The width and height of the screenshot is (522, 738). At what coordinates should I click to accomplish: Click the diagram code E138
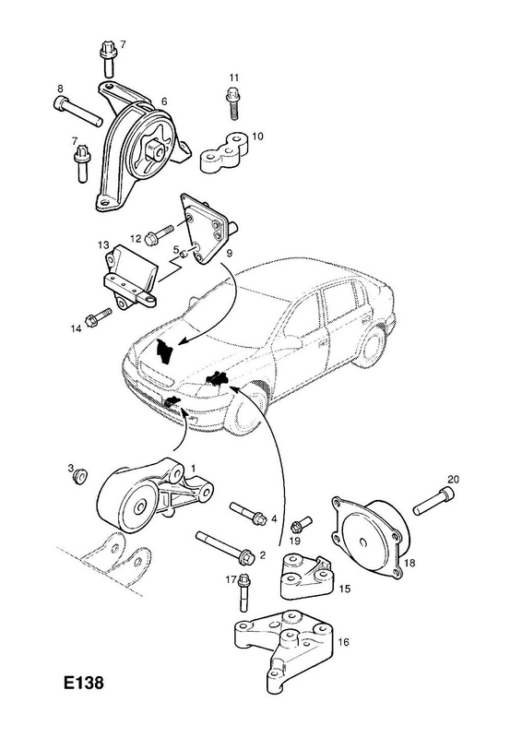[x=84, y=683]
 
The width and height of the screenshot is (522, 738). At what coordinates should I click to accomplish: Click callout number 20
[x=453, y=480]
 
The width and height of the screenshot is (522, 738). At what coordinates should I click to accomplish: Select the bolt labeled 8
[x=78, y=111]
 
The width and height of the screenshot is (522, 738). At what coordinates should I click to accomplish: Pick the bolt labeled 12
[x=160, y=235]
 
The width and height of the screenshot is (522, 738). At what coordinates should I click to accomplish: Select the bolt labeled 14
[x=98, y=316]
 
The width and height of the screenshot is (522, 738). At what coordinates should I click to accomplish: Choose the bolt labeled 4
[x=248, y=514]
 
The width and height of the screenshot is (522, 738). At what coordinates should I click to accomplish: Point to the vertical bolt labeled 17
[x=243, y=592]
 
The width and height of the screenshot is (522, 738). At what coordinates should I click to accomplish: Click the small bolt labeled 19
[x=302, y=523]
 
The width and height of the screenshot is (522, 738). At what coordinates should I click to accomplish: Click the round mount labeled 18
[x=370, y=538]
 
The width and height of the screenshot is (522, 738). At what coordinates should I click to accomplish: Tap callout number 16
[x=344, y=641]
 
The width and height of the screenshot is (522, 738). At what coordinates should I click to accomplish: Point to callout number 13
[x=103, y=245]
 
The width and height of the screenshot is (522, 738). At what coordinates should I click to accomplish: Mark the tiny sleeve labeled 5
[x=185, y=255]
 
